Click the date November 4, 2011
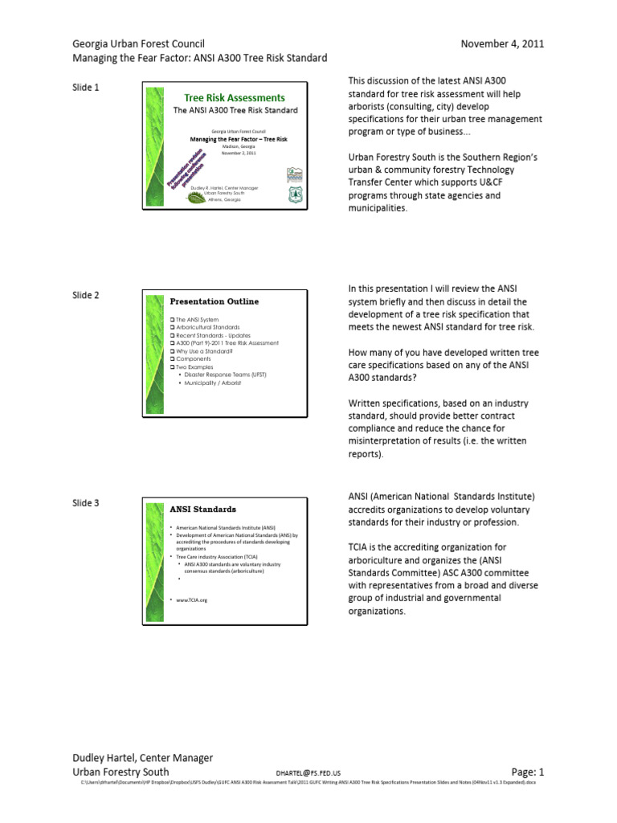click(x=501, y=43)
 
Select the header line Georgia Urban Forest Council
click(x=139, y=43)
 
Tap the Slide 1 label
click(x=86, y=87)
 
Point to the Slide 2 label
click(x=86, y=295)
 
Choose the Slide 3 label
click(x=86, y=503)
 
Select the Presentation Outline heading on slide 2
click(x=214, y=301)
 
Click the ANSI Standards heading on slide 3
click(x=202, y=510)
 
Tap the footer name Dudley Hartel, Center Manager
click(x=143, y=757)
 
